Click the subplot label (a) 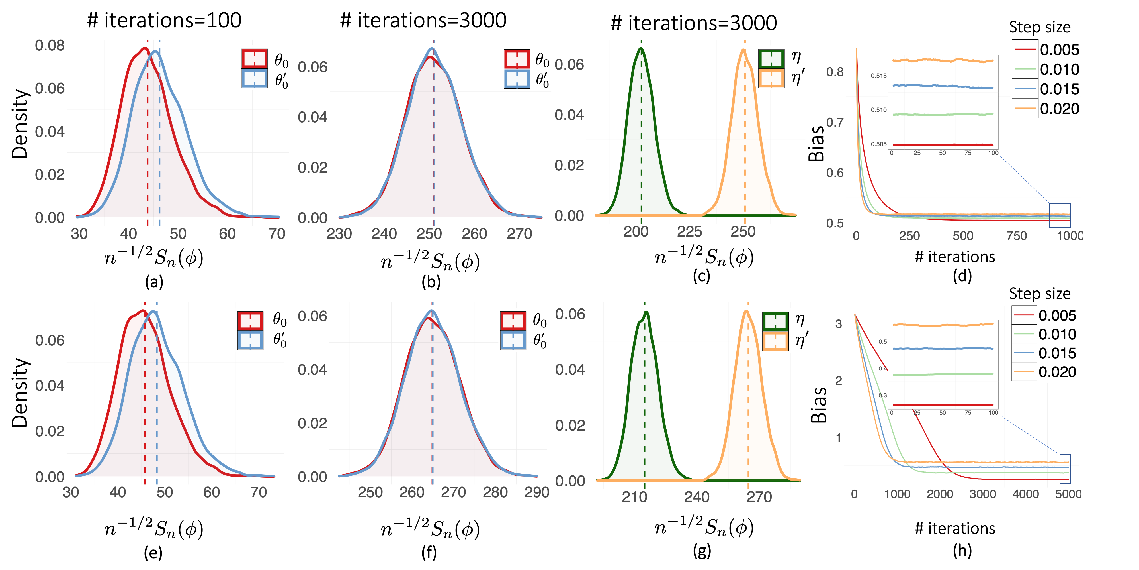154,282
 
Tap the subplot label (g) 702,551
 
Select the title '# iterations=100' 164,20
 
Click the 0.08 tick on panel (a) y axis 50,46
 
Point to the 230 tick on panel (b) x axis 339,234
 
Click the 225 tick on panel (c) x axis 690,231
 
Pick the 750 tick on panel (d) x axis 1017,236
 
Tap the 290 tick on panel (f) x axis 536,492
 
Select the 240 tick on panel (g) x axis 697,497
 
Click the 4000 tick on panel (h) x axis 1025,494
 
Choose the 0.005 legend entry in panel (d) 1046,50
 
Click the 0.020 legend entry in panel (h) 1044,372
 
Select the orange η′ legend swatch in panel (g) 775,341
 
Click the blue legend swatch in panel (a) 254,78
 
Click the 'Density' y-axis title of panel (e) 20,392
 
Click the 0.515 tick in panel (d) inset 878,76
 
